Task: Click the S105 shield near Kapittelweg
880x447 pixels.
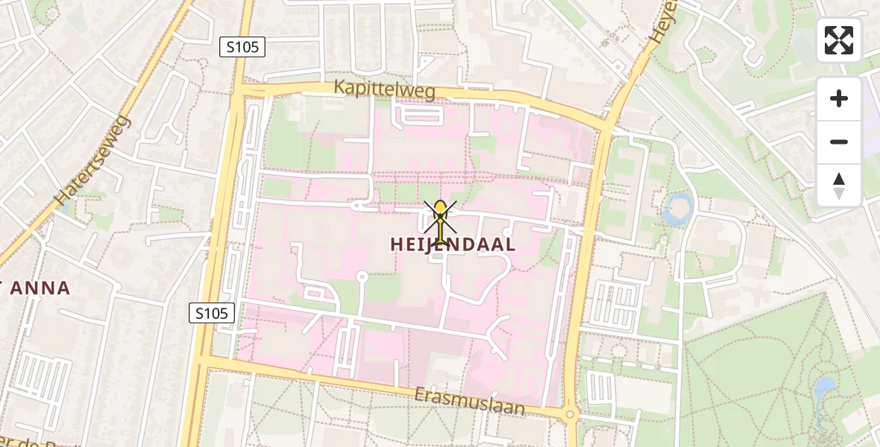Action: pos(243,47)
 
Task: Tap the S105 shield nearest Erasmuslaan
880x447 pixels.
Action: pos(213,313)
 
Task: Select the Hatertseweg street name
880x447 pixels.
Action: pos(93,161)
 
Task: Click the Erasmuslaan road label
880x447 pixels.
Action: pos(470,402)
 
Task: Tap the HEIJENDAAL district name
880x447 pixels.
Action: pos(453,244)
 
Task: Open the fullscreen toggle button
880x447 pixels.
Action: pos(839,40)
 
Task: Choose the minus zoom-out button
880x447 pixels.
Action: pos(839,142)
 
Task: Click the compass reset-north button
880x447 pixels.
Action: pos(839,185)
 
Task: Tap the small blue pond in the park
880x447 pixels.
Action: pos(825,388)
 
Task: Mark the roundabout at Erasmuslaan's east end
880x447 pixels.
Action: pos(571,414)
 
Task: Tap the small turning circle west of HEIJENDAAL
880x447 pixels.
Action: pos(362,276)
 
